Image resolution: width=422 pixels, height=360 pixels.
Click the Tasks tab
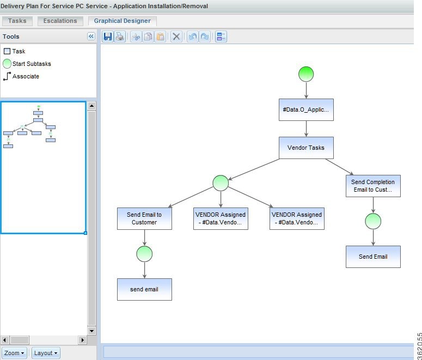click(17, 21)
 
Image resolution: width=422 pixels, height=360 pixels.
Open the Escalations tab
click(60, 21)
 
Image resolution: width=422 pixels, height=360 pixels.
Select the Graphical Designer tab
click(123, 21)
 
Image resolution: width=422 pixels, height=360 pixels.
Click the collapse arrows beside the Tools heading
click(91, 36)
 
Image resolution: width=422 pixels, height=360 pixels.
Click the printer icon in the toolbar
click(120, 36)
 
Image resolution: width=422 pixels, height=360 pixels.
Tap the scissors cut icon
click(136, 36)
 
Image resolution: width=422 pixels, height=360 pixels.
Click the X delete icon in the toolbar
click(176, 36)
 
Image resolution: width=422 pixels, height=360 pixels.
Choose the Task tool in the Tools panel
click(15, 51)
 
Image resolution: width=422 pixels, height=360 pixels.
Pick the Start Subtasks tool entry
click(27, 64)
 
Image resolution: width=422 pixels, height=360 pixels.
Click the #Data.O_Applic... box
click(306, 109)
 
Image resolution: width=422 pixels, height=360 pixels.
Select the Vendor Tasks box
click(306, 148)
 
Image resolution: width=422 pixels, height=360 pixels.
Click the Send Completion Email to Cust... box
click(373, 186)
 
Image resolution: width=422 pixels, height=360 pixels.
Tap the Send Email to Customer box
click(144, 218)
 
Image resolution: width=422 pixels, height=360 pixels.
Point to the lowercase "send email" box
click(144, 289)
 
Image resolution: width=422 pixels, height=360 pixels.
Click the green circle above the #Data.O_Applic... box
click(306, 74)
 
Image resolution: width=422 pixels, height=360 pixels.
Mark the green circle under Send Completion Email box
click(373, 221)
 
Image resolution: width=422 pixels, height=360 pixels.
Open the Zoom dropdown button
click(15, 353)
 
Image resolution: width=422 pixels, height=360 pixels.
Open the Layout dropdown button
click(46, 353)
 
